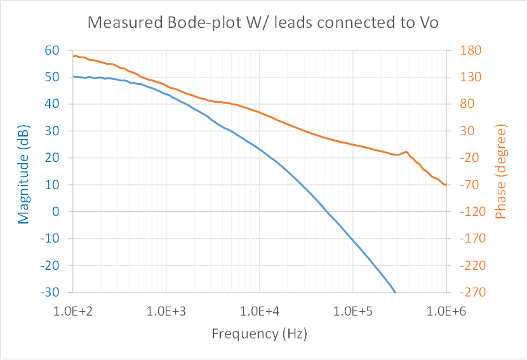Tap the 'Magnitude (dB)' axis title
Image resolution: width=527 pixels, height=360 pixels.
pos(24,171)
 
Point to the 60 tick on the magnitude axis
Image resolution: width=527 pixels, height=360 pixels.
pos(52,50)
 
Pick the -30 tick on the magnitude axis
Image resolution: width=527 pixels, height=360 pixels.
pos(50,292)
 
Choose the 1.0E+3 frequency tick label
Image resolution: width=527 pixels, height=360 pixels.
pos(166,312)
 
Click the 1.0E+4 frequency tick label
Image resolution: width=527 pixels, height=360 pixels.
pos(260,312)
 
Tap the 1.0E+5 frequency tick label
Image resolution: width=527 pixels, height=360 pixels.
pos(353,312)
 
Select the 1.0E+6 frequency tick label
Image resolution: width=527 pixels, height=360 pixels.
pos(446,312)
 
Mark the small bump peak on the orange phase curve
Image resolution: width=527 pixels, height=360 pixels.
pos(405,152)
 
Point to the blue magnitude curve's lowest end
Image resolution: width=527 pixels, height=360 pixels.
pos(396,292)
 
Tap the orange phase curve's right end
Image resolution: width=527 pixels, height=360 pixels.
pos(446,184)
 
